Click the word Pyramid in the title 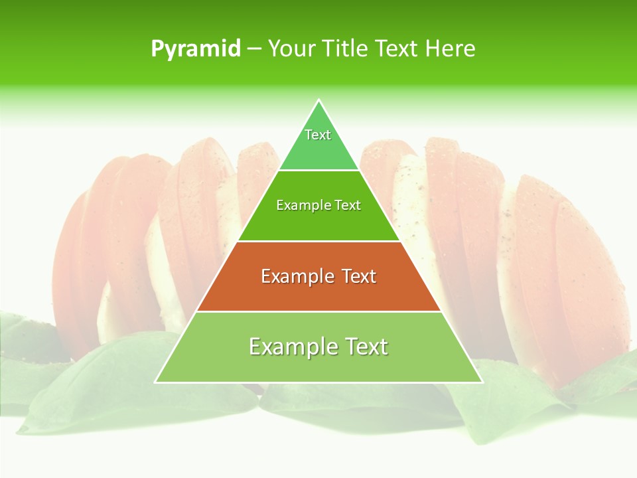click(195, 49)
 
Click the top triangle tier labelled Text click(318, 143)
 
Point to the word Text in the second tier click(348, 205)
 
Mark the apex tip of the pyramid click(318, 101)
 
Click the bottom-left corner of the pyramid click(156, 382)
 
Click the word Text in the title click(397, 49)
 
